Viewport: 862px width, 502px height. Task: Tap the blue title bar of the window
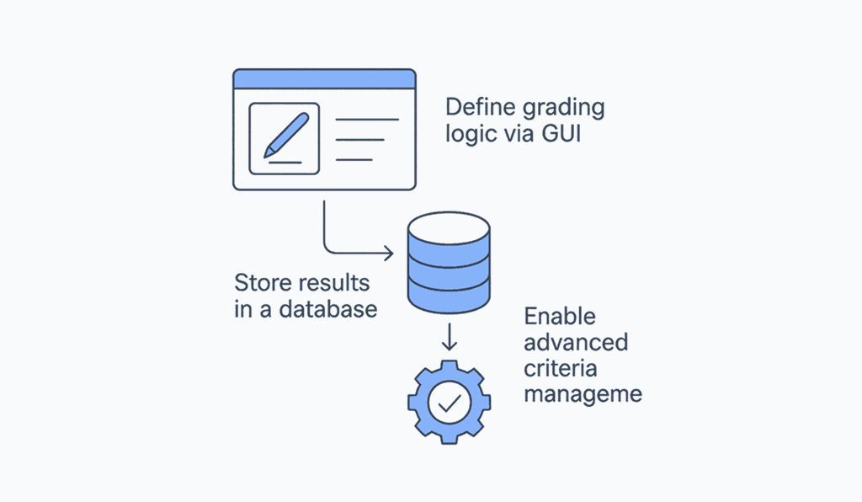tap(324, 79)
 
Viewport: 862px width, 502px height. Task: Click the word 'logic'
tap(468, 135)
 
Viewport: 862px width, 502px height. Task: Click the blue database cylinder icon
tap(448, 261)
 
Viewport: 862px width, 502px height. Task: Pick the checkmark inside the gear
tap(449, 403)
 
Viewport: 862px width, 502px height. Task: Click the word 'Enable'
tap(560, 317)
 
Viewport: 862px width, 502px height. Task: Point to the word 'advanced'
tap(576, 342)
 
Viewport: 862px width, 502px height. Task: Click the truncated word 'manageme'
tap(583, 394)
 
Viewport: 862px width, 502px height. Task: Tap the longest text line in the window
tap(367, 120)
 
